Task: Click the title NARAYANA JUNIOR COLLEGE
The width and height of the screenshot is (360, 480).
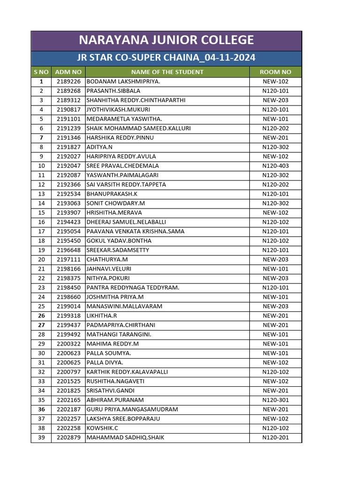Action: (166, 40)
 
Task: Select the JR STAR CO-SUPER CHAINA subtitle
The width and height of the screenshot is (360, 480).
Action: (166, 58)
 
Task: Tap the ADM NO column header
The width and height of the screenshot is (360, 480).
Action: (68, 72)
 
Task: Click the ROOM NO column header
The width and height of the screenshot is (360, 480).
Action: (276, 72)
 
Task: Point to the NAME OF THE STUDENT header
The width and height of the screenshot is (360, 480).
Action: (167, 72)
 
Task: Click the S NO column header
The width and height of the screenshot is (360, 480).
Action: (41, 72)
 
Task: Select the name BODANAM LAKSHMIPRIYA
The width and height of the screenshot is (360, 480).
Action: (123, 82)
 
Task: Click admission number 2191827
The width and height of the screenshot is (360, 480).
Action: (68, 147)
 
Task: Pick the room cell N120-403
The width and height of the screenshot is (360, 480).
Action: (276, 166)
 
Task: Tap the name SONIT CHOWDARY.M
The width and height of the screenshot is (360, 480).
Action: (116, 203)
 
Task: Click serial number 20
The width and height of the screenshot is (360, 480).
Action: (41, 260)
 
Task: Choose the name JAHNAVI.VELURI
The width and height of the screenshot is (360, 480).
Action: (109, 269)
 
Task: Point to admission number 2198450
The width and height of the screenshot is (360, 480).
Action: (68, 288)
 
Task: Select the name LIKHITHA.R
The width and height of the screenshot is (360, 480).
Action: (102, 316)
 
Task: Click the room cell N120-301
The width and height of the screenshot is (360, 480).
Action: (276, 400)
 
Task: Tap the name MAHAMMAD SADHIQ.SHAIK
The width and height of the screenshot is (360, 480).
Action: (125, 438)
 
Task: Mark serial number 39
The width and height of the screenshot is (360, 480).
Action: (41, 438)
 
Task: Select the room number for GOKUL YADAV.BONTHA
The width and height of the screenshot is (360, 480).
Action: (276, 241)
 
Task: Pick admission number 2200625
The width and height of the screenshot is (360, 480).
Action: (68, 363)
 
